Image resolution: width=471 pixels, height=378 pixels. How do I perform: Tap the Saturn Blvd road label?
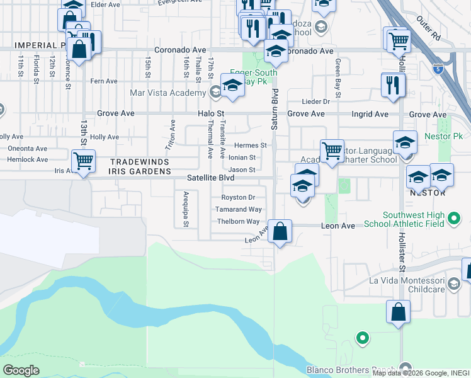pos(275,110)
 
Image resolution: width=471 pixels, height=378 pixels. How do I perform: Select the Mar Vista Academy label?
pos(167,93)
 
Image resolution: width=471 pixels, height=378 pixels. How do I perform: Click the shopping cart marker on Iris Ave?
pos(83,161)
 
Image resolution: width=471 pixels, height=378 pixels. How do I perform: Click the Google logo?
pos(21,370)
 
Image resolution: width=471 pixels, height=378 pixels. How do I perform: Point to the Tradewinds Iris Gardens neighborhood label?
pos(140,166)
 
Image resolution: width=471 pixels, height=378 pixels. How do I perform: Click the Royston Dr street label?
pos(242,197)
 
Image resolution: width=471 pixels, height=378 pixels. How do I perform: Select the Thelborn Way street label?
pos(238,222)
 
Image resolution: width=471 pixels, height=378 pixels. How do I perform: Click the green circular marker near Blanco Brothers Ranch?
pos(362,338)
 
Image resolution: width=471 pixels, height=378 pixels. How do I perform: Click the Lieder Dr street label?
pos(316,101)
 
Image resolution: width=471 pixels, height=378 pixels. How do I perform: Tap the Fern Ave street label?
pos(104,81)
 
